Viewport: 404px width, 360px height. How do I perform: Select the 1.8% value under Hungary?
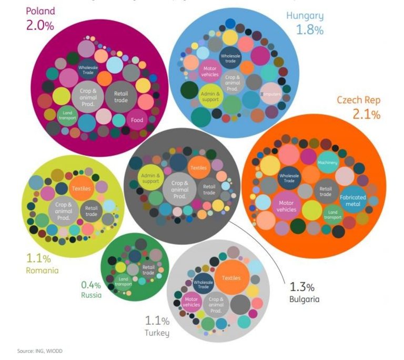coord(309,30)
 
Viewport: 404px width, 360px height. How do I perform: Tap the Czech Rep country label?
coord(358,100)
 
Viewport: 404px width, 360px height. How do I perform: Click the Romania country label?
coord(42,271)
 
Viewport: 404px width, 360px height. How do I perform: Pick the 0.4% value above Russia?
coord(90,285)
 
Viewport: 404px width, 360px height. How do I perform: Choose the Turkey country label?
coord(157,333)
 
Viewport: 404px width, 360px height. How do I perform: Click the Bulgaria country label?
coord(304,299)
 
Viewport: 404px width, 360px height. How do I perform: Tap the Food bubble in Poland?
coord(137,119)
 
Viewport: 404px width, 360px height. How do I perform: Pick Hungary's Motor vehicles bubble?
coord(210,71)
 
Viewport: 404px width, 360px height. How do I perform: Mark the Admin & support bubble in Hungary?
coord(210,96)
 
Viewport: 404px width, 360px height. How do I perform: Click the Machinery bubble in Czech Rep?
coord(327,163)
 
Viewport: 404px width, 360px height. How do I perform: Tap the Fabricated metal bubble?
coord(352,201)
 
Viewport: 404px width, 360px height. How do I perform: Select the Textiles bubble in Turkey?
coord(231,278)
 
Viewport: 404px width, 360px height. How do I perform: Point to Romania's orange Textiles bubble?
coord(82,188)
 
